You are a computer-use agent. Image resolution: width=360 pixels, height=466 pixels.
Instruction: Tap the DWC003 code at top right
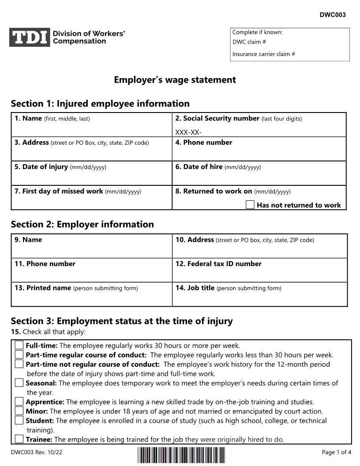[333, 15]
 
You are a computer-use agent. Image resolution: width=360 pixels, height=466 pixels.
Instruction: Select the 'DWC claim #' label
[249, 42]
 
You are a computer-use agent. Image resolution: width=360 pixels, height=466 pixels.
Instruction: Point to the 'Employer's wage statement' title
[175, 80]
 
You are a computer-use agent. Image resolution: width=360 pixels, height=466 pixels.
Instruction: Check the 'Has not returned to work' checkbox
[250, 205]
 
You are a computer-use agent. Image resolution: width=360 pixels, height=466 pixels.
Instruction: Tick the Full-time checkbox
[19, 345]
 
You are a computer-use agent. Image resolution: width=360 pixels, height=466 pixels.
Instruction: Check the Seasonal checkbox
[19, 383]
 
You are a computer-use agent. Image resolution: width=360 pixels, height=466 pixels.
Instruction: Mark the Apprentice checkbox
[19, 402]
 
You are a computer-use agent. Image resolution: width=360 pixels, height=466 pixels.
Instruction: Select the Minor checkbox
[19, 411]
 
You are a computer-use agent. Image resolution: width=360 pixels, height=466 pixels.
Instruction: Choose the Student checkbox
[19, 420]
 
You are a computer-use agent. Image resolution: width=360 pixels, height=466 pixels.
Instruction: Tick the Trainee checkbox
[19, 439]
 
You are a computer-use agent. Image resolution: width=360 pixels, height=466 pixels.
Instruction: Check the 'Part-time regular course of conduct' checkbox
[19, 354]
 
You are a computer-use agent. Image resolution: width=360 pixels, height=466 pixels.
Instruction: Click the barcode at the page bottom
[181, 455]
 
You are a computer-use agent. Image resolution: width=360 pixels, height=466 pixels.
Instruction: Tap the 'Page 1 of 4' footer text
[337, 452]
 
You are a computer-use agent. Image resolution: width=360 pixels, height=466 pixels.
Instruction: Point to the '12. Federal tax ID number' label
[218, 264]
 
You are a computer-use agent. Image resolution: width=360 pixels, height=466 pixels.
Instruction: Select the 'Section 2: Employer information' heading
[82, 224]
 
